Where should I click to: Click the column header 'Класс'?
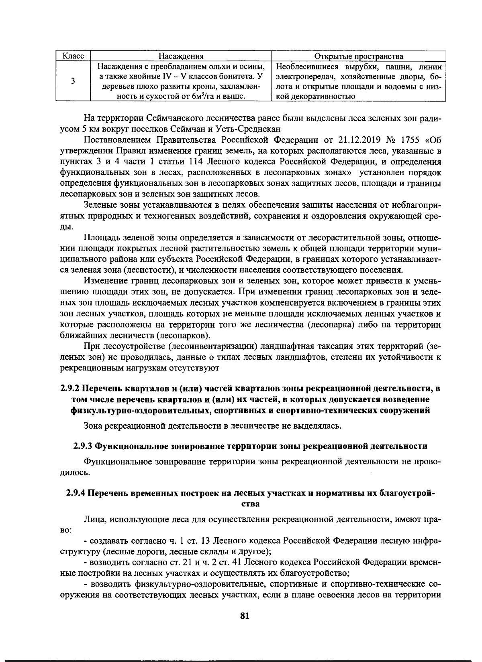pos(73,56)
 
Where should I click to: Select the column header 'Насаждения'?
pos(181,56)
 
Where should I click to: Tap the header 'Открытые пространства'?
pos(359,56)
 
